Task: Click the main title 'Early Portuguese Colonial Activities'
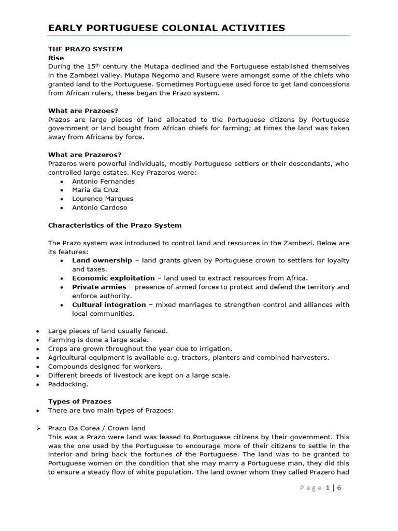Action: pyautogui.click(x=166, y=27)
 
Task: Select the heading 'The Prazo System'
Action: pyautogui.click(x=86, y=49)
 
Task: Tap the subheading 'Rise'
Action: pyautogui.click(x=55, y=58)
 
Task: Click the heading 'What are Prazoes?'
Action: pyautogui.click(x=83, y=110)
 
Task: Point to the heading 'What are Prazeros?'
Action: pyautogui.click(x=84, y=155)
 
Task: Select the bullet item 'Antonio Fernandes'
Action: pyautogui.click(x=103, y=181)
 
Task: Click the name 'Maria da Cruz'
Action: pyautogui.click(x=95, y=190)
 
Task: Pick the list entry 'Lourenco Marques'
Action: pyautogui.click(x=103, y=199)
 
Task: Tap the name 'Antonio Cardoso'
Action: pyautogui.click(x=99, y=207)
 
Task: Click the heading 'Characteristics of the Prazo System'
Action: pyautogui.click(x=115, y=225)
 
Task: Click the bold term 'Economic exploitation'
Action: pyautogui.click(x=113, y=278)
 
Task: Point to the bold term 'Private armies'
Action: pyautogui.click(x=99, y=287)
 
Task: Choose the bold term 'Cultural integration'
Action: pyautogui.click(x=109, y=304)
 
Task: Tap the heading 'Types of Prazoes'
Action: pyautogui.click(x=79, y=401)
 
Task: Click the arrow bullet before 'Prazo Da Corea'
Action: pyautogui.click(x=39, y=428)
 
